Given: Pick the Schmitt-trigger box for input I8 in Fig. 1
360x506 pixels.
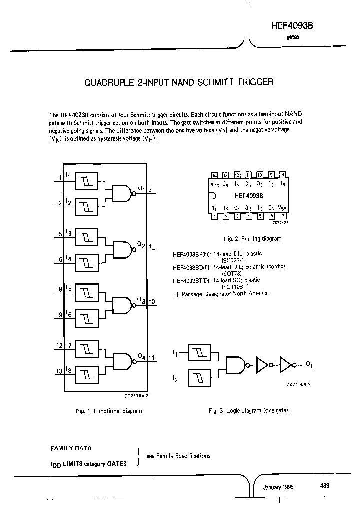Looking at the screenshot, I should click(x=87, y=372).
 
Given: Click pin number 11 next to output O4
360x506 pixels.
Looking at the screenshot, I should click(x=152, y=358).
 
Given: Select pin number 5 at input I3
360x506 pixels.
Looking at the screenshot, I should click(x=60, y=233).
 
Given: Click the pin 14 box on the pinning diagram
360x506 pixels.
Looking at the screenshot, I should click(x=214, y=175).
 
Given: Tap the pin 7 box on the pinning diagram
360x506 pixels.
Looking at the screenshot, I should click(x=283, y=216).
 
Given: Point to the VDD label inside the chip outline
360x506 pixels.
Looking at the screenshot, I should click(x=215, y=184).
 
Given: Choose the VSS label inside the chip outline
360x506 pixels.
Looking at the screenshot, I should click(x=282, y=207).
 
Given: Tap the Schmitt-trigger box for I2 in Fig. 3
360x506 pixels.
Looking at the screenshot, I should click(x=201, y=378).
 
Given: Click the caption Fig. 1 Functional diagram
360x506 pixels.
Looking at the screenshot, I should click(x=110, y=411).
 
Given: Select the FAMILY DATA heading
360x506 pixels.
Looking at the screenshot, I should click(x=71, y=448).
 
